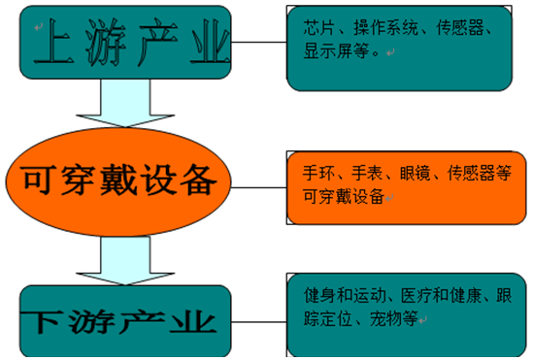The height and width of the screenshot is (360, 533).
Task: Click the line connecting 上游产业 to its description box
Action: click(x=260, y=43)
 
